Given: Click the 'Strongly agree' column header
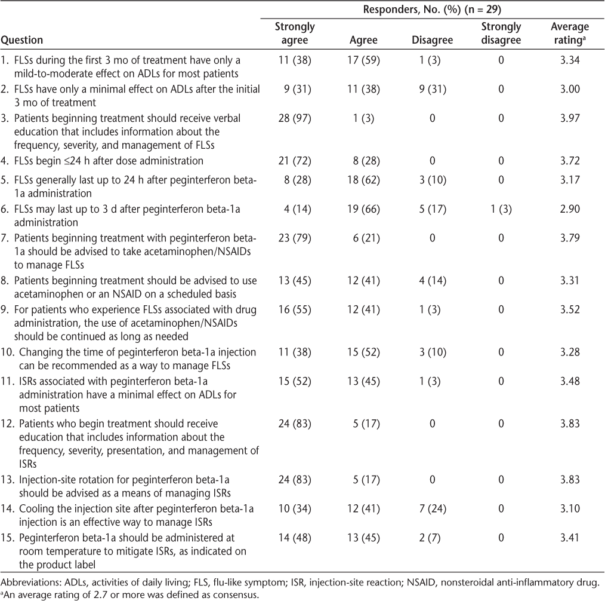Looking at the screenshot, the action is pyautogui.click(x=295, y=33).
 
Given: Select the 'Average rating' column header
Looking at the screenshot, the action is pyautogui.click(x=570, y=33).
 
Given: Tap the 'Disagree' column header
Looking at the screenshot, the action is pyautogui.click(x=432, y=40).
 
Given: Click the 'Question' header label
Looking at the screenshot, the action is pyautogui.click(x=22, y=40).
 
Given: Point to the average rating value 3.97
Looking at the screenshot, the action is pyautogui.click(x=570, y=118).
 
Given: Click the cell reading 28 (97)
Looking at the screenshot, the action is pyautogui.click(x=295, y=118).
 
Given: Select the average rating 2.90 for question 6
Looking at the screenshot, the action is pyautogui.click(x=570, y=209).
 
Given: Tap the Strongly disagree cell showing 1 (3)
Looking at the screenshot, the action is pyautogui.click(x=501, y=209).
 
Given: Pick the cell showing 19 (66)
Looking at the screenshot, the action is pyautogui.click(x=363, y=209).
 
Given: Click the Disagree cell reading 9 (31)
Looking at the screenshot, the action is pyautogui.click(x=432, y=89).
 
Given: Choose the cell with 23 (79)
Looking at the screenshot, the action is pyautogui.click(x=295, y=238).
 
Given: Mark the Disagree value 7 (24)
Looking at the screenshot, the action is pyautogui.click(x=432, y=508).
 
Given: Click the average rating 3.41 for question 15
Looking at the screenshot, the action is pyautogui.click(x=570, y=538).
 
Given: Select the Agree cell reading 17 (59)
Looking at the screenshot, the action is pyautogui.click(x=363, y=60).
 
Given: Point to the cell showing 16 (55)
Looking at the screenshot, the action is pyautogui.click(x=295, y=310).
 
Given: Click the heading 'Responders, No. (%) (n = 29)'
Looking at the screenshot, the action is pyautogui.click(x=432, y=10).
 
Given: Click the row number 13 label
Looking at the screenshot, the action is pyautogui.click(x=8, y=480).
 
